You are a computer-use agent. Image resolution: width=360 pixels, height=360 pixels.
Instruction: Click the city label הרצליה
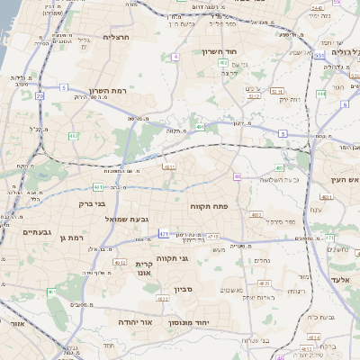pyautogui.click(x=117, y=37)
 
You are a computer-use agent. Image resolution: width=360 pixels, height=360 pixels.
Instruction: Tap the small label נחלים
pyautogui.click(x=262, y=260)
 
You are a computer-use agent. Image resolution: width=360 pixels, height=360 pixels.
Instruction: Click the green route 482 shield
pyautogui.click(x=73, y=135)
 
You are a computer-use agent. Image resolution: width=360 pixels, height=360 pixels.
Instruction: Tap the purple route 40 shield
pyautogui.click(x=237, y=175)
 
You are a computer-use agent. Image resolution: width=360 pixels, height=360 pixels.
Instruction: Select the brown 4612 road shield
pyautogui.click(x=120, y=262)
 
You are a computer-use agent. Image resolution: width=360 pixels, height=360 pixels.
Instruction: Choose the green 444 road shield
pyautogui.click(x=321, y=94)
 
